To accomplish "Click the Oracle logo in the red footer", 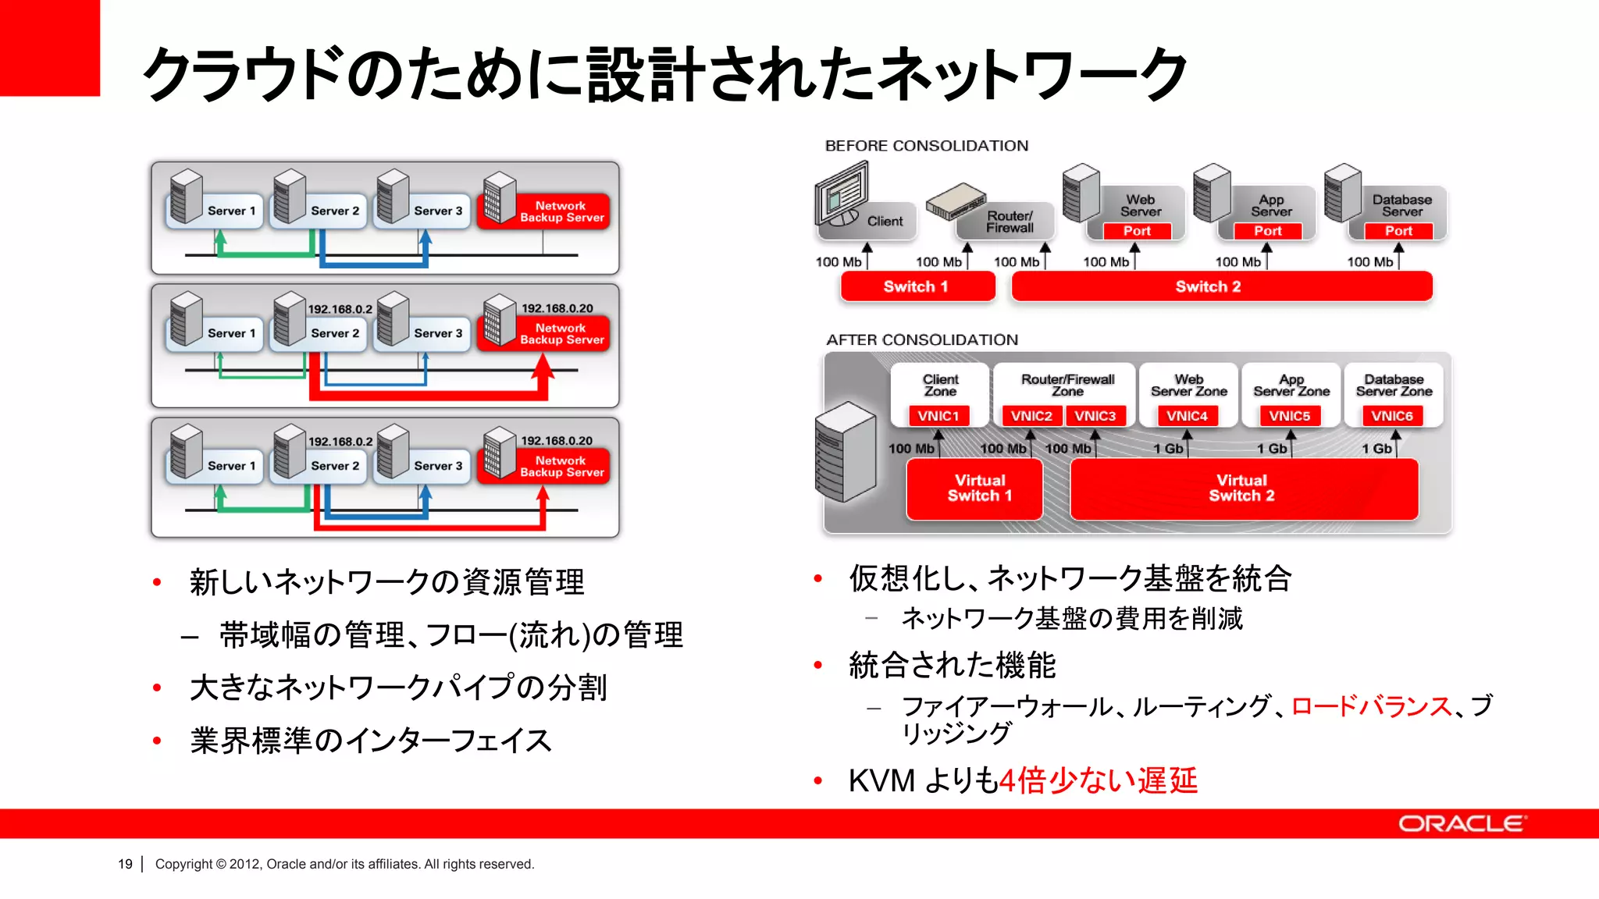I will (x=1462, y=824).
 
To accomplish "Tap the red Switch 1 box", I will (x=917, y=286).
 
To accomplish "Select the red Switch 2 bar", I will (x=1221, y=286).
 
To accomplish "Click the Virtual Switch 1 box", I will (x=974, y=489).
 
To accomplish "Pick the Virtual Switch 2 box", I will (x=1243, y=489).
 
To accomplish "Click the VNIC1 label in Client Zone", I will (x=938, y=416).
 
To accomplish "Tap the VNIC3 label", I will (x=1095, y=416).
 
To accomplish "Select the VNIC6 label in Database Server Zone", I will (x=1393, y=416).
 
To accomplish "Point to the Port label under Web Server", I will (x=1138, y=231).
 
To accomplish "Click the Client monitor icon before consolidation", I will (x=842, y=193).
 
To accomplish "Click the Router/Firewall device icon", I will (x=955, y=201).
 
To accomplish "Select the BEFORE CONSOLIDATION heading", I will (x=927, y=146).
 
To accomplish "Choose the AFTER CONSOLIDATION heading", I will (x=922, y=339).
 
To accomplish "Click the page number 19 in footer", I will (x=125, y=864).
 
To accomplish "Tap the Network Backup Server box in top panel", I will (x=561, y=211).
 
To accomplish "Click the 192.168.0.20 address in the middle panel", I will (x=557, y=308).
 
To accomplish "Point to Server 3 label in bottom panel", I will (x=438, y=466).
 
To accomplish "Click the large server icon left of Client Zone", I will (x=846, y=452).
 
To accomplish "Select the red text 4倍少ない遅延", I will (x=1099, y=780).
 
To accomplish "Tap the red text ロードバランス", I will (x=1371, y=706).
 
